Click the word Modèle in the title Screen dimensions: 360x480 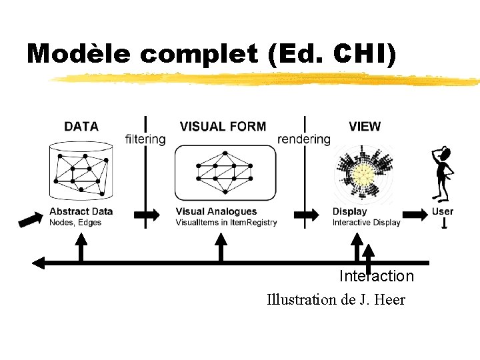tap(78, 53)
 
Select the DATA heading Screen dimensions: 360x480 tap(81, 126)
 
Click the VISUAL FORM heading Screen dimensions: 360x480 tap(223, 126)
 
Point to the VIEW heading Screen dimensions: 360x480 tap(365, 126)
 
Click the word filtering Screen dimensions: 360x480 tap(145, 139)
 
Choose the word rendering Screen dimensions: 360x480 tap(304, 139)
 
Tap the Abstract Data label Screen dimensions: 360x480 tap(81, 211)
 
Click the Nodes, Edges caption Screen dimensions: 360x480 tap(75, 222)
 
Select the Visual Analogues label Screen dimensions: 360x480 tap(216, 211)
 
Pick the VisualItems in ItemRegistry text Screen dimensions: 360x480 tap(226, 222)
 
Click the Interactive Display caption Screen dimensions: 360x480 tap(367, 222)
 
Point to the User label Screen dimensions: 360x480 tap(443, 211)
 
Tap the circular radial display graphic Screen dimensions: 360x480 tap(363, 174)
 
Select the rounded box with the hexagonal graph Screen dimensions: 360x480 tap(225, 172)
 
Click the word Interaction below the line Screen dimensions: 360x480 tap(376, 276)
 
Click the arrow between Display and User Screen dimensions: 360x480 tap(417, 214)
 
